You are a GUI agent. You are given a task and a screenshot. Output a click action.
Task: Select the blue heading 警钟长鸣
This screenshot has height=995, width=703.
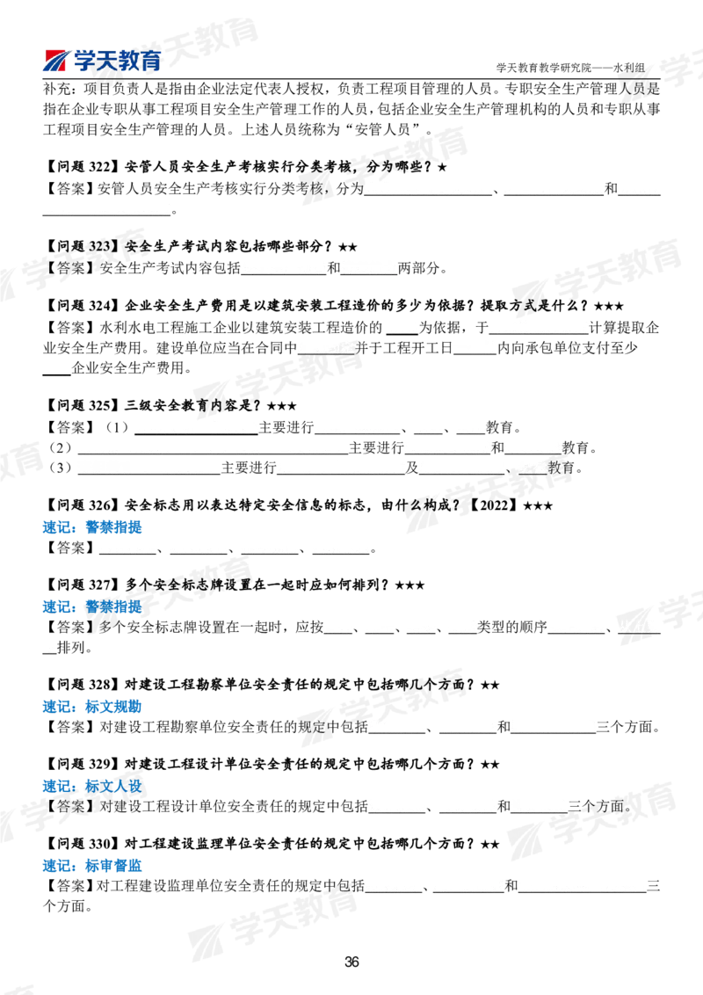coord(113,607)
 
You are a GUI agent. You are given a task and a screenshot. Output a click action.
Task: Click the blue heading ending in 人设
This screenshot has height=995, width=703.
coord(113,786)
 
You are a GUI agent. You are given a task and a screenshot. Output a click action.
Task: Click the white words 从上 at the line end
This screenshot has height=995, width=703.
coord(634,626)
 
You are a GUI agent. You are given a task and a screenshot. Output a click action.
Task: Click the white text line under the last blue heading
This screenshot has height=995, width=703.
coord(506,884)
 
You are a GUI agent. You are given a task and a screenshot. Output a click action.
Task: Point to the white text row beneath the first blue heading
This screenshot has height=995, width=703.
coord(234,547)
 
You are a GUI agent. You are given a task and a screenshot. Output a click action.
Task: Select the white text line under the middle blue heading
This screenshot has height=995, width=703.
coord(482,725)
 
